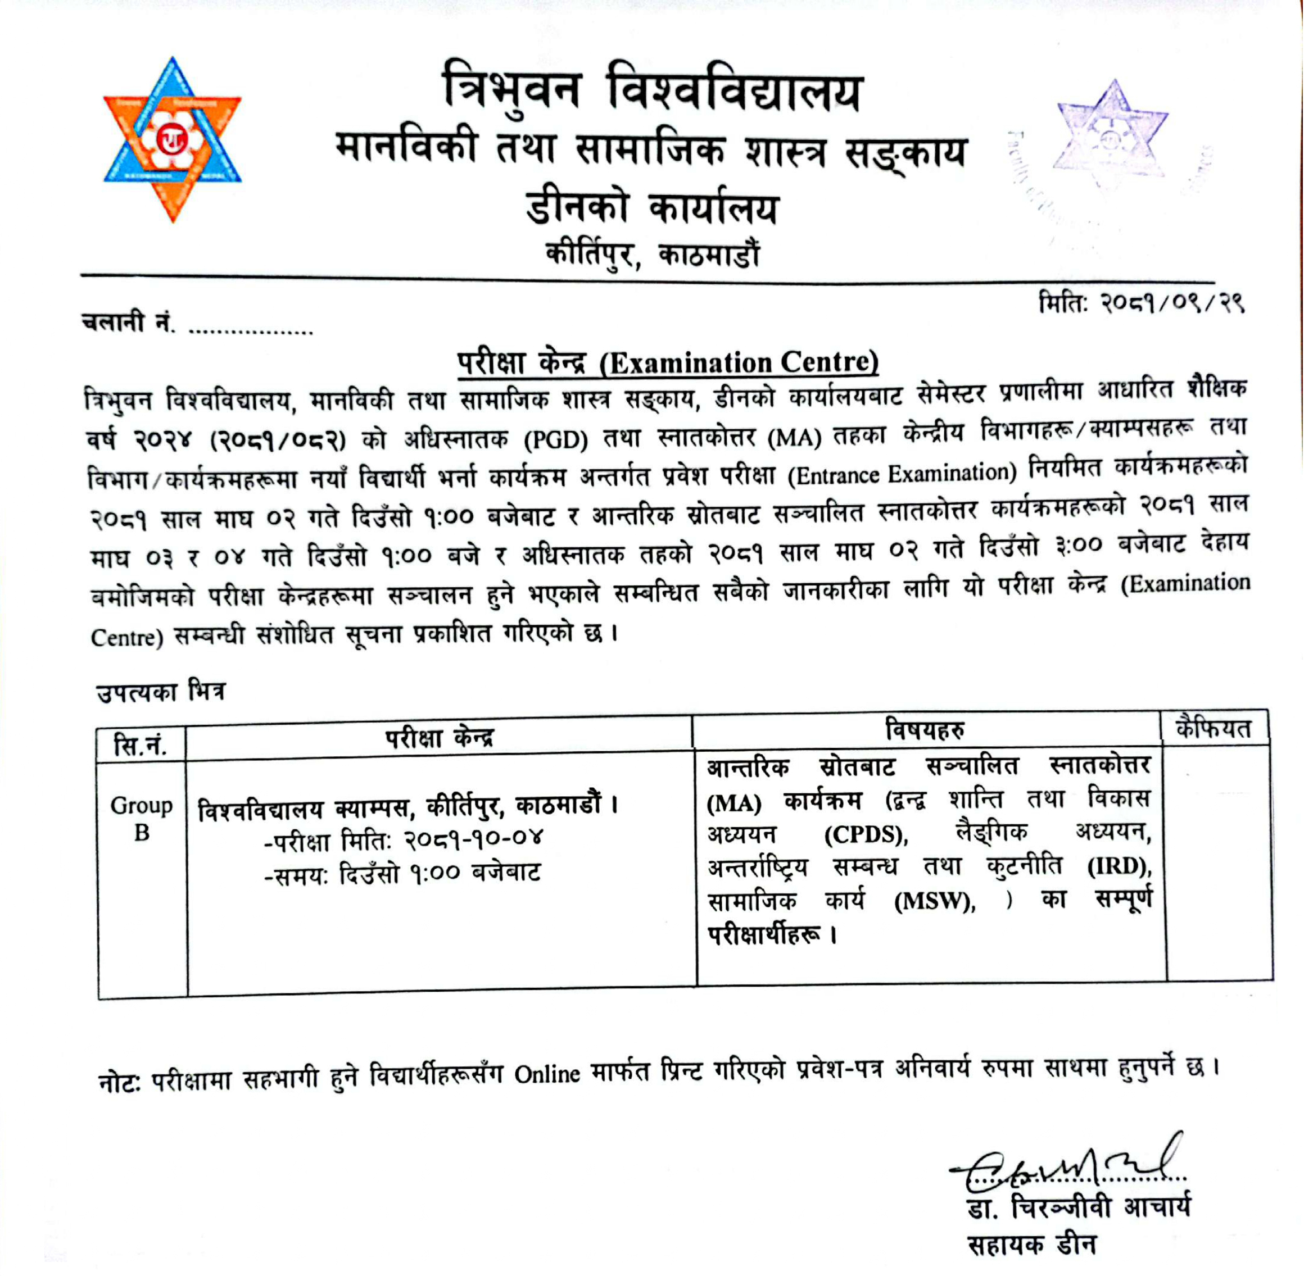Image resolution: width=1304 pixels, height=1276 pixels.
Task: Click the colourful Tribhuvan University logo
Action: (x=173, y=139)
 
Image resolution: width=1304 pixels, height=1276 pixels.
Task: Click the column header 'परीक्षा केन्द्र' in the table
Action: (x=439, y=737)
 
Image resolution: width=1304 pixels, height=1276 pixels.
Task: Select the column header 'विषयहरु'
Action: (x=925, y=730)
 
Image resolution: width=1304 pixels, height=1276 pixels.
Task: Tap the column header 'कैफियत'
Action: (x=1214, y=729)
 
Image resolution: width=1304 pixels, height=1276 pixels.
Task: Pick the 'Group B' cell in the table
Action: (x=142, y=818)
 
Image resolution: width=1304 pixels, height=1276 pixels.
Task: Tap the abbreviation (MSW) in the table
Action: (x=935, y=901)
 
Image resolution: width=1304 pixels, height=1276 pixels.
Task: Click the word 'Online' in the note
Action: (x=547, y=1075)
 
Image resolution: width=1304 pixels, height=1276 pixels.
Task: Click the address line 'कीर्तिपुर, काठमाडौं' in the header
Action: (x=653, y=255)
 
